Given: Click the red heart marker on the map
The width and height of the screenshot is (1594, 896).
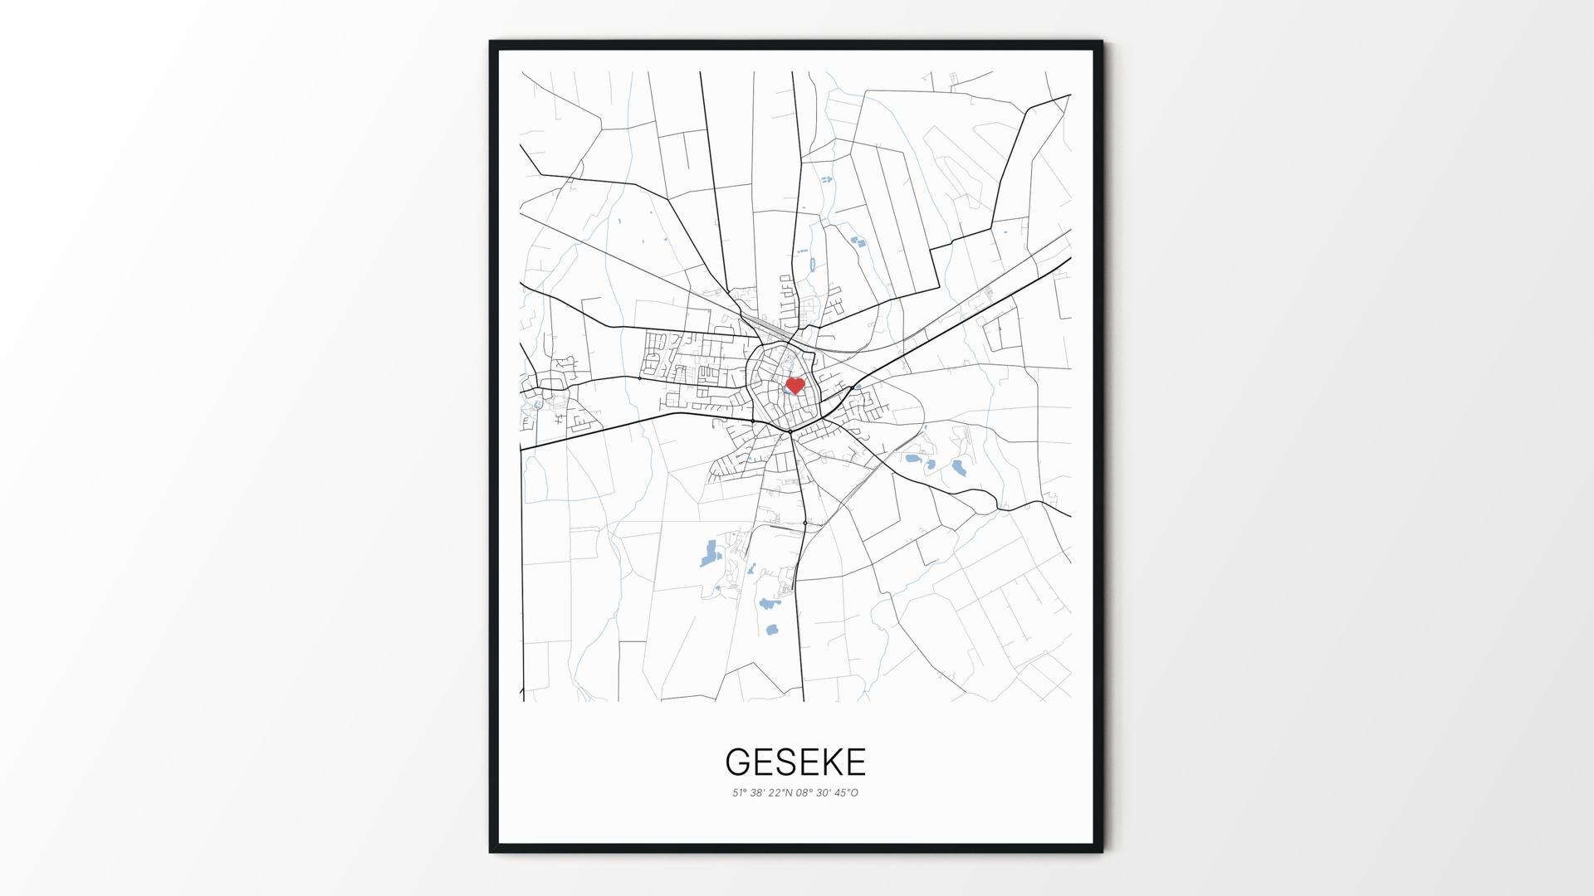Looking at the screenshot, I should [x=795, y=386].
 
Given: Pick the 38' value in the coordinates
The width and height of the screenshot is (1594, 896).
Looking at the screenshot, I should [x=757, y=793].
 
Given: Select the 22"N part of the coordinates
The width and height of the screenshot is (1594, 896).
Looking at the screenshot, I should [x=780, y=793].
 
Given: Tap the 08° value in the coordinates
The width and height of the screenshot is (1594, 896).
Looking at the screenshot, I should [x=803, y=793].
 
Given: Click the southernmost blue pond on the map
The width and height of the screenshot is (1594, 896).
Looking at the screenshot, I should [x=771, y=629].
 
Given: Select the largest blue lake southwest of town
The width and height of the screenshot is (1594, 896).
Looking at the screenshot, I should [x=709, y=552].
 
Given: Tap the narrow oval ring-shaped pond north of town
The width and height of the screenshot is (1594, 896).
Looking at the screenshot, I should [x=811, y=265].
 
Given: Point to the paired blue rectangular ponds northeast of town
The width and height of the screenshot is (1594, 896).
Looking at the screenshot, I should [x=857, y=242].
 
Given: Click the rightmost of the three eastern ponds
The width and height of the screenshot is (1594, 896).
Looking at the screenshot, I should [x=959, y=467].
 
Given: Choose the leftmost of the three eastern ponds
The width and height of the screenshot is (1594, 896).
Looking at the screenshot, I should [x=912, y=458].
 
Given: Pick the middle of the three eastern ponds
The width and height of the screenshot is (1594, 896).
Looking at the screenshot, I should [x=931, y=465].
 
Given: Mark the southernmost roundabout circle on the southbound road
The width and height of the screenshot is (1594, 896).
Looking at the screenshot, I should [x=804, y=523].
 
